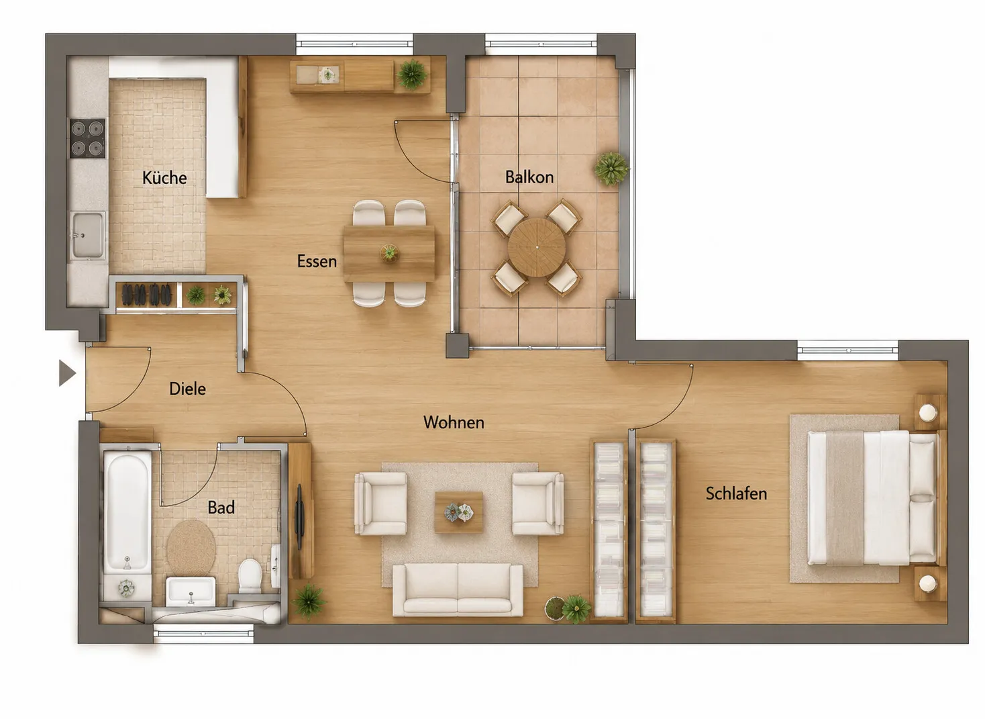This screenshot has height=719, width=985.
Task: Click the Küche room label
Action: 164,178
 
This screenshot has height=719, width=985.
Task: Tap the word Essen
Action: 317,261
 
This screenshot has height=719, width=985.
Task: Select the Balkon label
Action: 529,177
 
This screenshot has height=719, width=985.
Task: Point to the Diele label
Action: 187,389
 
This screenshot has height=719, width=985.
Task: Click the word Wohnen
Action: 454,422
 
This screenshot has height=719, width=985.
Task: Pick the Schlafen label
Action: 736,493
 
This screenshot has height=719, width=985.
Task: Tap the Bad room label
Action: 221,508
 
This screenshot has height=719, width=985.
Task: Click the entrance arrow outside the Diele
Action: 67,373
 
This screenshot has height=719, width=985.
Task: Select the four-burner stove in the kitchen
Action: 87,138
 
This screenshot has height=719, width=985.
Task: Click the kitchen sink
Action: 88,235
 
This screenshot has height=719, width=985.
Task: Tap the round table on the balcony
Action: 537,247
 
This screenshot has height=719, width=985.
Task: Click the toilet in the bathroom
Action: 250,576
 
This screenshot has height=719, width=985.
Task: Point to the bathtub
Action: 127,513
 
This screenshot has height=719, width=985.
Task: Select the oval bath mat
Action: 191,547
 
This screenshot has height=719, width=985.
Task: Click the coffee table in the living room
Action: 459,513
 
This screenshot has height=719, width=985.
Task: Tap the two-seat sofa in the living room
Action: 458,590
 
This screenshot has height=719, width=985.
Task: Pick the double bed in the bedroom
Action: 873,498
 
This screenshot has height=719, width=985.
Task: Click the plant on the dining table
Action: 389,253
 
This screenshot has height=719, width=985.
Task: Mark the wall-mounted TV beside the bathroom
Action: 299,516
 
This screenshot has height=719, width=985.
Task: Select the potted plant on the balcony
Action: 611,169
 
